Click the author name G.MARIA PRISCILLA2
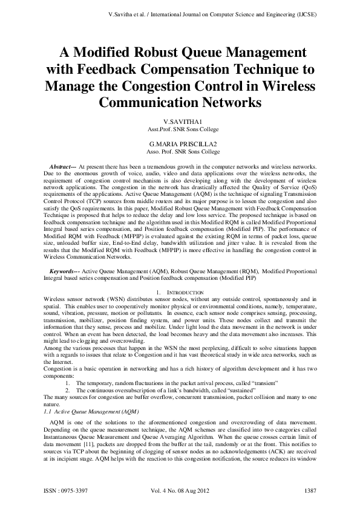tap(180, 144)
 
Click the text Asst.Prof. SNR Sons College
tap(180, 130)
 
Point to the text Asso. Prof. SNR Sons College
tap(180, 152)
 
